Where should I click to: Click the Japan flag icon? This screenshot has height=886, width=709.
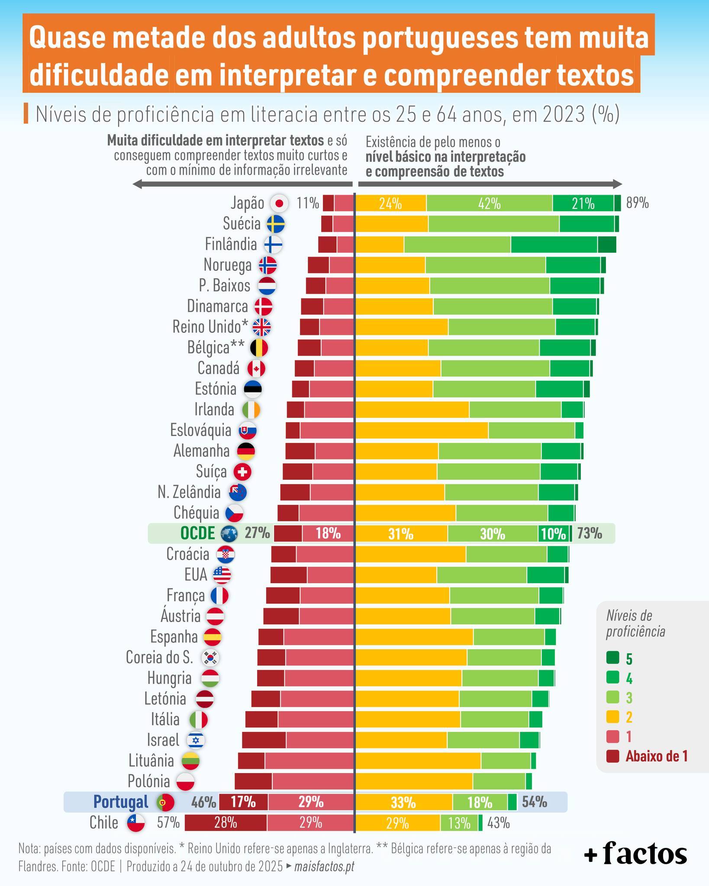point(279,203)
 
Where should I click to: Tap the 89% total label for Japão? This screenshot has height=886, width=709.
point(637,203)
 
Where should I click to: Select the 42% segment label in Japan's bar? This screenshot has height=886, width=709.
point(489,203)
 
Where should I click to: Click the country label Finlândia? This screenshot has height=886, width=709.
point(231,244)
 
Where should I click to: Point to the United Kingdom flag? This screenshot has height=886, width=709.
point(261,327)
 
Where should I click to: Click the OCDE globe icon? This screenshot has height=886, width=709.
point(229,534)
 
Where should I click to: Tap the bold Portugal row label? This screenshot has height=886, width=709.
point(121,802)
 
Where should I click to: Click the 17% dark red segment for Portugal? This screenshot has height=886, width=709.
point(243,802)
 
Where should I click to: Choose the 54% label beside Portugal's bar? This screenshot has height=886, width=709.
point(534,802)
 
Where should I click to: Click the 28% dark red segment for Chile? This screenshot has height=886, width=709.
point(226,822)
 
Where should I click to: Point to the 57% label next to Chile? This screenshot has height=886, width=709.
point(168,822)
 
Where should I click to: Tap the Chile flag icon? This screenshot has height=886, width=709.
point(135,822)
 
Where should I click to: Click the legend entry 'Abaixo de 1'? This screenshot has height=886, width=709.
point(656,756)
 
